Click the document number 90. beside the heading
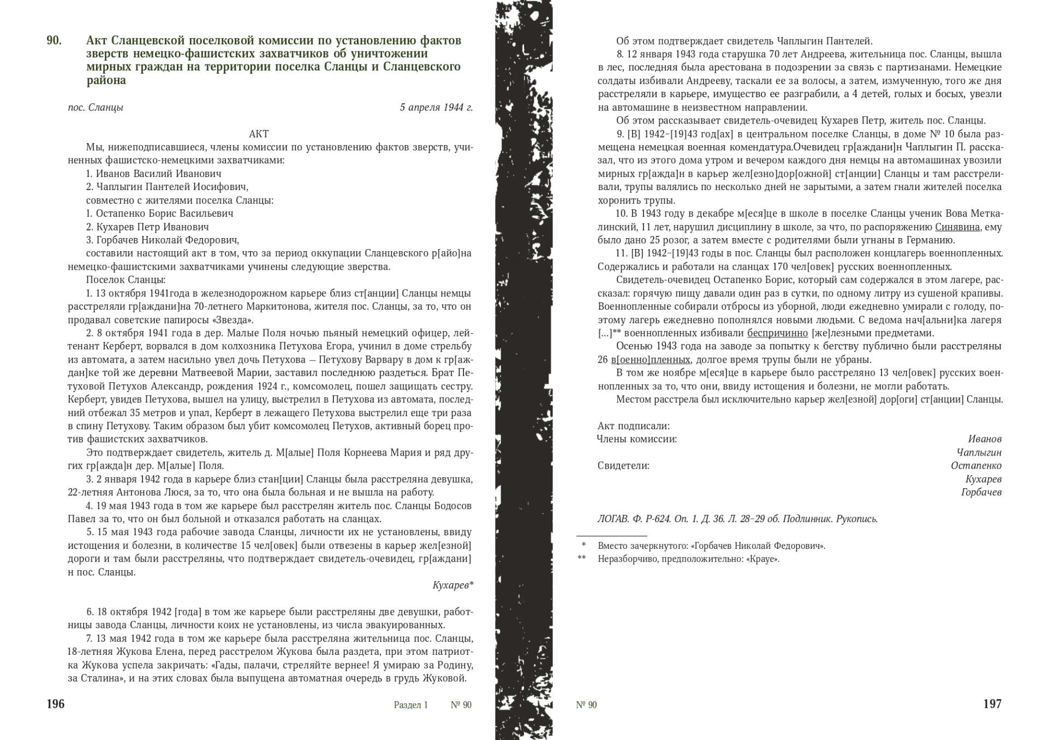[x=54, y=41]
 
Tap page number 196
[x=56, y=704]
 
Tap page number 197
[x=992, y=704]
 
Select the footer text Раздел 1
[x=410, y=705]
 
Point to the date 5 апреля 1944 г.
[x=436, y=108]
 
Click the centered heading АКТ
[x=259, y=134]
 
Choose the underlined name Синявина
[x=957, y=227]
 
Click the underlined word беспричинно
[x=777, y=333]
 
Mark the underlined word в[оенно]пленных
[x=650, y=360]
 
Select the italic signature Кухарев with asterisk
[x=452, y=585]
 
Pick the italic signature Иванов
[x=984, y=439]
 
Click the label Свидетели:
[x=623, y=466]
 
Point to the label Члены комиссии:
[x=636, y=439]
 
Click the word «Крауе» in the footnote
[x=762, y=559]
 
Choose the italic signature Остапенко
[x=976, y=466]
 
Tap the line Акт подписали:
[x=633, y=426]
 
